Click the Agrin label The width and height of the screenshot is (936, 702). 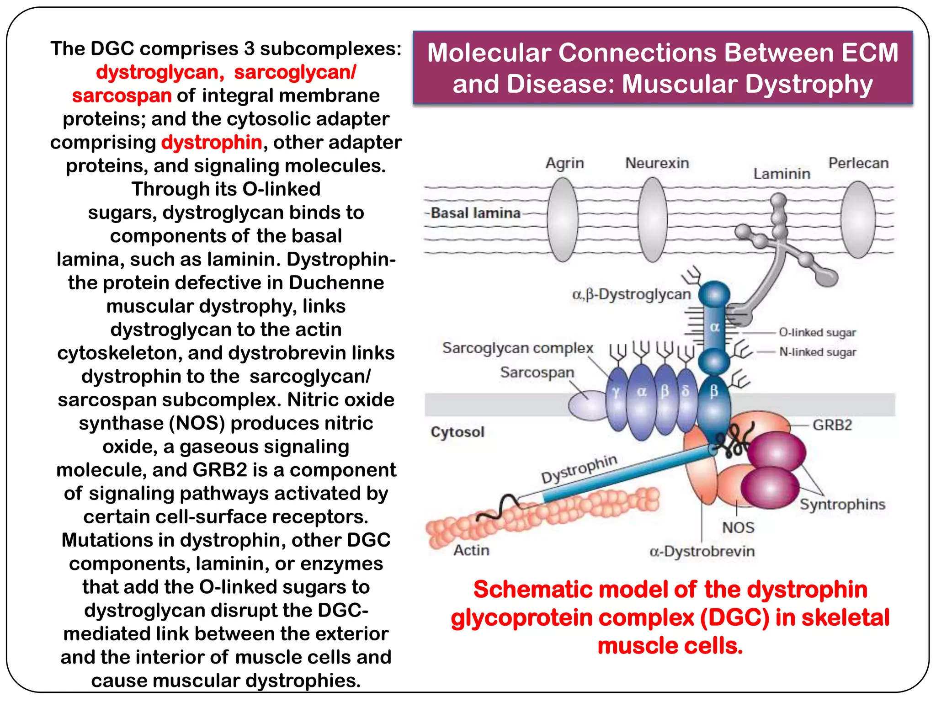point(564,163)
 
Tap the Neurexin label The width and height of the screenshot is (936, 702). point(657,163)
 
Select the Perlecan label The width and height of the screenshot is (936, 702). point(858,163)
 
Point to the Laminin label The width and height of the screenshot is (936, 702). point(782,174)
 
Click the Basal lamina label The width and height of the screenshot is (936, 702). point(475,213)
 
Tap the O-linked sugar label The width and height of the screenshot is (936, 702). point(817,332)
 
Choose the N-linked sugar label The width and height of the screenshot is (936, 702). point(817,352)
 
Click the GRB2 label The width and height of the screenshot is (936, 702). point(832,425)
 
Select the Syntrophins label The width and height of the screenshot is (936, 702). point(842,504)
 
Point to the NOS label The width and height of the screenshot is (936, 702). point(738,527)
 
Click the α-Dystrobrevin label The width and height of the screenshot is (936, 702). point(702,551)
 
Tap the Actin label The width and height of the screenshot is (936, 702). point(471,550)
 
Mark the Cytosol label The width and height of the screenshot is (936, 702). point(457,432)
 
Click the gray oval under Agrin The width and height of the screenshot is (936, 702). point(563,219)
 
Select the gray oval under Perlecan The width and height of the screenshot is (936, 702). point(858,219)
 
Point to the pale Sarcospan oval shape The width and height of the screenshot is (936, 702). point(587,405)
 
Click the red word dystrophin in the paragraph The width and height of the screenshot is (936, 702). point(212,142)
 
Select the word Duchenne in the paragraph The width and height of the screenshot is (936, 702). point(336,282)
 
